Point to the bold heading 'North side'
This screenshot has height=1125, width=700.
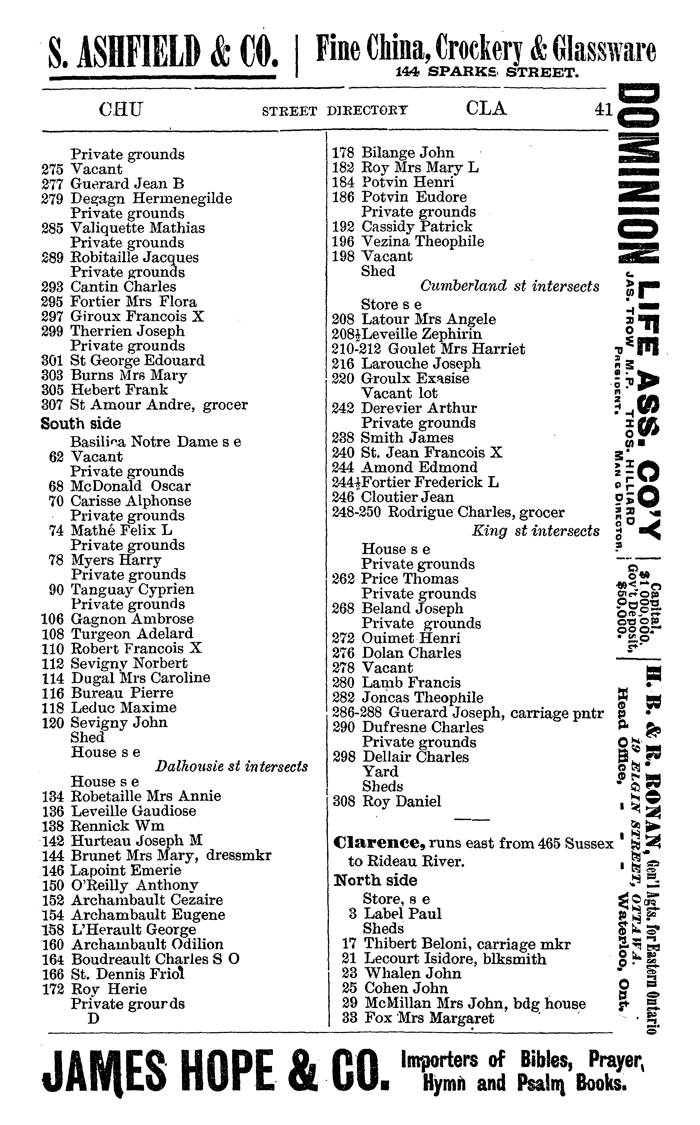coord(375,880)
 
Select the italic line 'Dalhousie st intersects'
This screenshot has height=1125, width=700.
coord(231,766)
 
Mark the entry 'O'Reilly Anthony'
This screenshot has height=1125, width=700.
coord(134,885)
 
